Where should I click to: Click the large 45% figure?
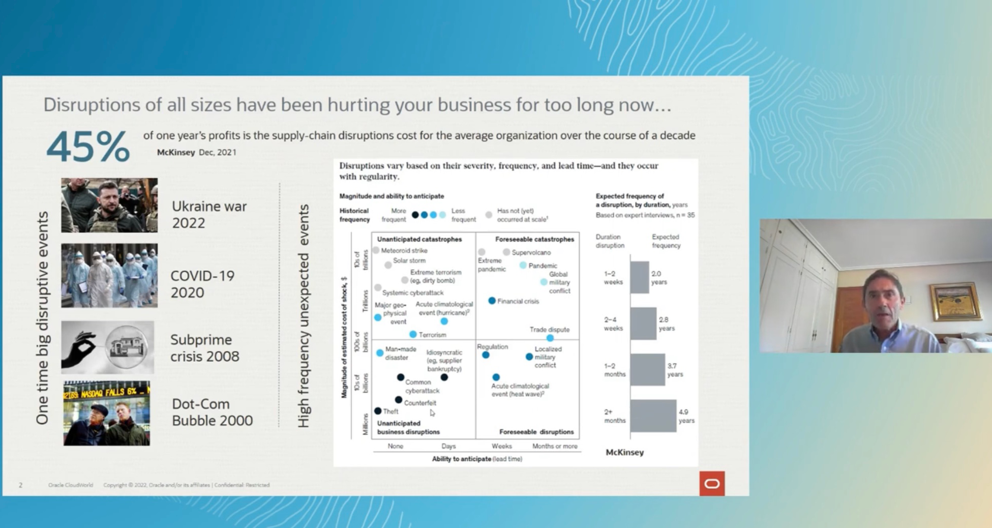(88, 147)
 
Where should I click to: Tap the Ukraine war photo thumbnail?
(109, 205)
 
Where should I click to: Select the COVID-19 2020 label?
(202, 284)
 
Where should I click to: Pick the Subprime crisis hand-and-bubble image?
(107, 347)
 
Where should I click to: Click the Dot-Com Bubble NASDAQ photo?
(107, 413)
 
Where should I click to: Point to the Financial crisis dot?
(492, 301)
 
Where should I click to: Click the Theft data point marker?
(378, 411)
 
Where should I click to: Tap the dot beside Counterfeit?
(399, 400)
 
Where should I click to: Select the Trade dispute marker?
(550, 338)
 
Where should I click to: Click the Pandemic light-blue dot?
(523, 265)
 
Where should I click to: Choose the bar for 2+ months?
(653, 416)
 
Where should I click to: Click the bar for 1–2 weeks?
(640, 277)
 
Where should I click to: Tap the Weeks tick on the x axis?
(501, 446)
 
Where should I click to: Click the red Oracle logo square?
(712, 483)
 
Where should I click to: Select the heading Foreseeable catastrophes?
(534, 239)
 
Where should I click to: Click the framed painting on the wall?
(954, 302)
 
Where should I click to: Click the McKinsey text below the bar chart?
(624, 452)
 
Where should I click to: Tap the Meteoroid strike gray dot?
(376, 250)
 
